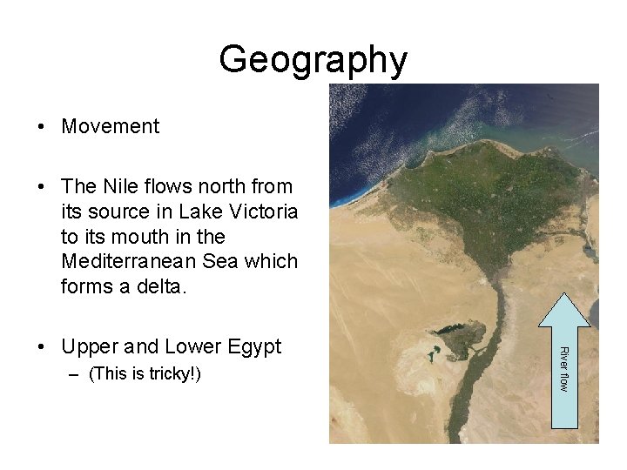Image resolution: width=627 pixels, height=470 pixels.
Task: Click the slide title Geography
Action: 313,60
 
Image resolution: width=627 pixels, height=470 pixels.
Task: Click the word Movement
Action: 111,126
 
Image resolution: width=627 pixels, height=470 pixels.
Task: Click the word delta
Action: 164,286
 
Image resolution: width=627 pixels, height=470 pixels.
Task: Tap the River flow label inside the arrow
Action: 563,368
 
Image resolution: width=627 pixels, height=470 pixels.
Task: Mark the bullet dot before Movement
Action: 42,127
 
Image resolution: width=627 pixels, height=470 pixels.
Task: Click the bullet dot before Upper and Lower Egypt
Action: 42,347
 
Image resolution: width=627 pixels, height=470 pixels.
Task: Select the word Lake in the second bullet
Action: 199,211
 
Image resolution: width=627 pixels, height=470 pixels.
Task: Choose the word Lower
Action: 185,347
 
